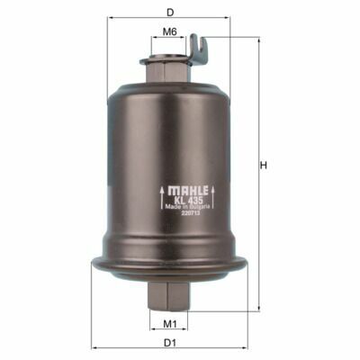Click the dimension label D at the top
click(170, 13)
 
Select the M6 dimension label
click(169, 31)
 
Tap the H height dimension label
click(264, 166)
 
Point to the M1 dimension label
click(169, 324)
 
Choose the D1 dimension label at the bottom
click(169, 343)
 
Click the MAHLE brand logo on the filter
click(188, 191)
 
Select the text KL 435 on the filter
click(188, 201)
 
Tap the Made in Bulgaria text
click(188, 207)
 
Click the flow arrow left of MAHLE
click(162, 198)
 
